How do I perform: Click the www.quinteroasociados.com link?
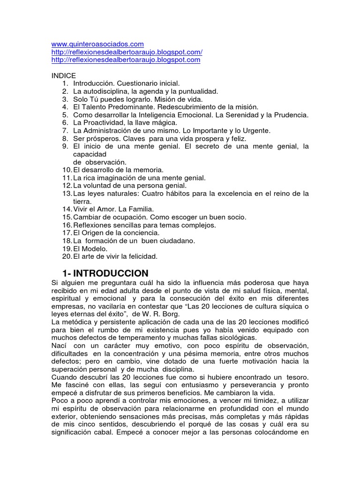pyautogui.click(x=97, y=44)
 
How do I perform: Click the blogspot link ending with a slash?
pyautogui.click(x=127, y=52)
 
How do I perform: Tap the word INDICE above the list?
pyautogui.click(x=63, y=75)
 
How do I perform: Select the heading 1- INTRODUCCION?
pyautogui.click(x=105, y=273)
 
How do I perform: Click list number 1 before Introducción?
pyautogui.click(x=65, y=83)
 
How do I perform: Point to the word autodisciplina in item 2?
pyautogui.click(x=104, y=91)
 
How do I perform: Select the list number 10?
pyautogui.click(x=66, y=170)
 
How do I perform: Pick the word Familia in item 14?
pyautogui.click(x=140, y=209)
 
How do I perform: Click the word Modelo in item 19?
pyautogui.click(x=96, y=248)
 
